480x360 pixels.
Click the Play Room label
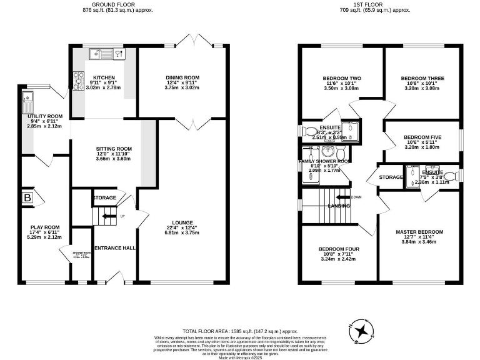pos(44,227)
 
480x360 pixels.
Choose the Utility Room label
pos(45,116)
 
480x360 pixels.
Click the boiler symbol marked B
pos(27,198)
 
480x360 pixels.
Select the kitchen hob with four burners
pos(79,79)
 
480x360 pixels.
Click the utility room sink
pos(28,99)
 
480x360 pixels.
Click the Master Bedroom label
pos(419,232)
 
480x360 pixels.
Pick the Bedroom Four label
pos(339,249)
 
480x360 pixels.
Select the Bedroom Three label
pos(422,79)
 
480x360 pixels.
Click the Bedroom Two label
pos(342,79)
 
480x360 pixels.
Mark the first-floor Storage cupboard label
pos(391,177)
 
